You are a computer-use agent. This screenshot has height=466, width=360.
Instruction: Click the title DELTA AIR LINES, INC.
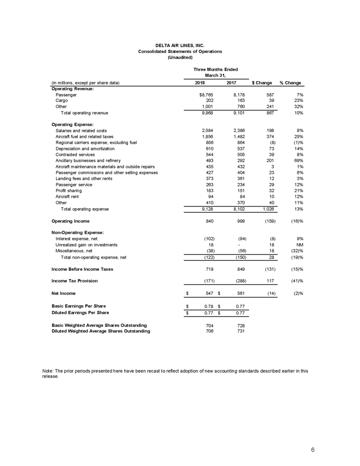[x=180, y=45]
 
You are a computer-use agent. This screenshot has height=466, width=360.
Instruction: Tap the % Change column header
[x=290, y=83]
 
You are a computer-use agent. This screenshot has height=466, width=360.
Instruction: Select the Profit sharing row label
[x=68, y=190]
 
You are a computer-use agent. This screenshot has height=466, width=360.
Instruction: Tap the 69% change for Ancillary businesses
[x=295, y=160]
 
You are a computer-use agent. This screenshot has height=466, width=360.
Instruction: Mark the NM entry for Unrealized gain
[x=296, y=244]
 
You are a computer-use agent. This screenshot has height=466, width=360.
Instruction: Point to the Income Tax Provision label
[x=75, y=281]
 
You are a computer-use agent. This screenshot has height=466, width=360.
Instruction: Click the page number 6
[x=313, y=450]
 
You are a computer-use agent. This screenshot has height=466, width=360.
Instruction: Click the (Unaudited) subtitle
[x=180, y=57]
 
